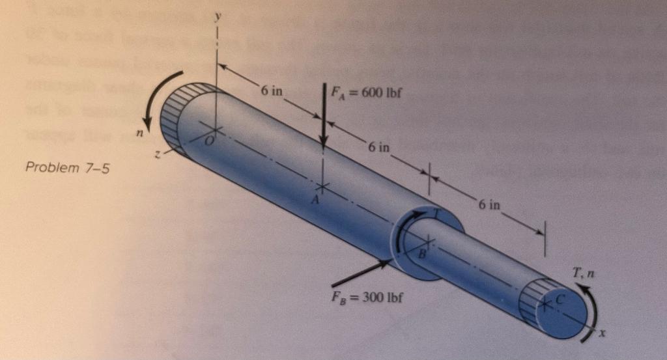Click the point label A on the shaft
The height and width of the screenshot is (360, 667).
point(314,201)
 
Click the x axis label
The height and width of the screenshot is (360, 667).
point(603,333)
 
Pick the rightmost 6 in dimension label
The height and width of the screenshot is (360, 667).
point(489,204)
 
